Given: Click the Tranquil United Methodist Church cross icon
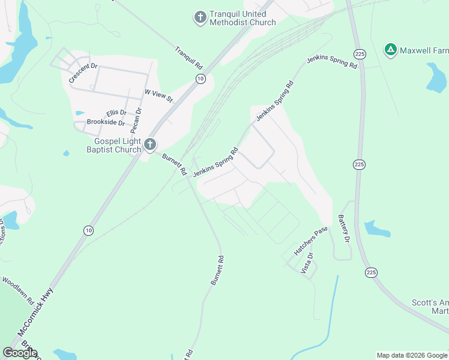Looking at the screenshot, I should pyautogui.click(x=200, y=17).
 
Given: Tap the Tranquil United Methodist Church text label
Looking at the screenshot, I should pyautogui.click(x=243, y=18).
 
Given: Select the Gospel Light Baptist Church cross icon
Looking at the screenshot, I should pyautogui.click(x=150, y=144).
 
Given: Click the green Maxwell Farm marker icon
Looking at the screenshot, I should pyautogui.click(x=390, y=49).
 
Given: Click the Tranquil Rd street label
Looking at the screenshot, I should pyautogui.click(x=190, y=58).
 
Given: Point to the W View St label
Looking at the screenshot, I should pyautogui.click(x=158, y=95).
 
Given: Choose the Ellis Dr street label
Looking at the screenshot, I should pyautogui.click(x=116, y=113).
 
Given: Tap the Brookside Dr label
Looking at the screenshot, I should pyautogui.click(x=106, y=122).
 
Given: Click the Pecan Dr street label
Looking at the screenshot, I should pyautogui.click(x=138, y=119).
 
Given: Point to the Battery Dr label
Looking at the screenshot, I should pyautogui.click(x=343, y=229).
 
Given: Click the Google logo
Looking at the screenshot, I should pyautogui.click(x=20, y=353).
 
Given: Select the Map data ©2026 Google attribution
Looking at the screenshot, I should pyautogui.click(x=412, y=355).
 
